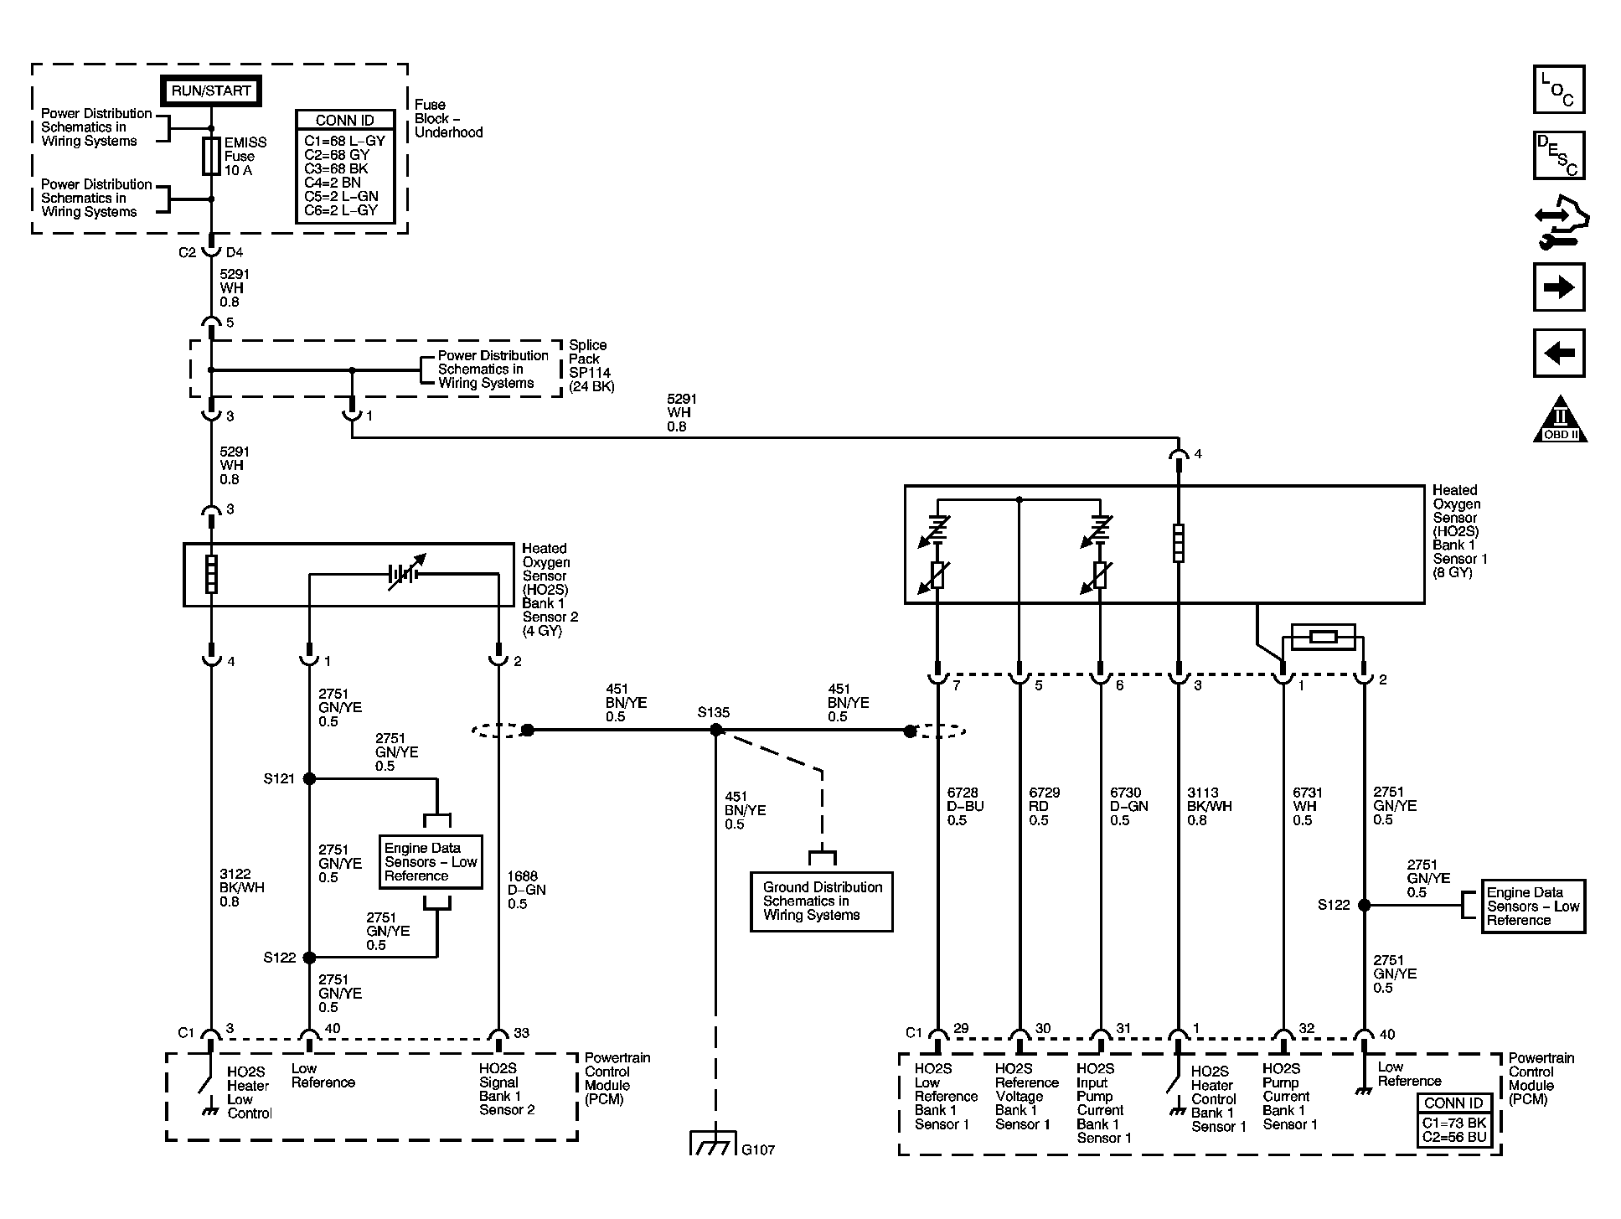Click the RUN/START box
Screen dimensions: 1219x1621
(x=210, y=90)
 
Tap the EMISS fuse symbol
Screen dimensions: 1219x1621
(x=211, y=157)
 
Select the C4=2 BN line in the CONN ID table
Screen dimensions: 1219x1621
(x=333, y=183)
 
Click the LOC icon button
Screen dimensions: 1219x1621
(x=1558, y=90)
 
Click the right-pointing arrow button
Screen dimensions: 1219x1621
(x=1558, y=287)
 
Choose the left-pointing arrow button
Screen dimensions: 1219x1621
(x=1558, y=353)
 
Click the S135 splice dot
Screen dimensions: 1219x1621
(x=715, y=731)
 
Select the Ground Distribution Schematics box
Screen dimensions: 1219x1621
(x=821, y=901)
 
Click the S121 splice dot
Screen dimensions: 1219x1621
(x=309, y=778)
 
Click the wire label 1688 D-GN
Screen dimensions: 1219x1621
(x=526, y=890)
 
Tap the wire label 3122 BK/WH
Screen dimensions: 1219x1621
(x=241, y=887)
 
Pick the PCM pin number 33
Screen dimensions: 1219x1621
(x=521, y=1033)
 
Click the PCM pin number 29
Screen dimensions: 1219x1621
(x=960, y=1029)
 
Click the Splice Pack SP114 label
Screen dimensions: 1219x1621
(x=590, y=365)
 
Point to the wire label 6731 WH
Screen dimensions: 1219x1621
(x=1304, y=806)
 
